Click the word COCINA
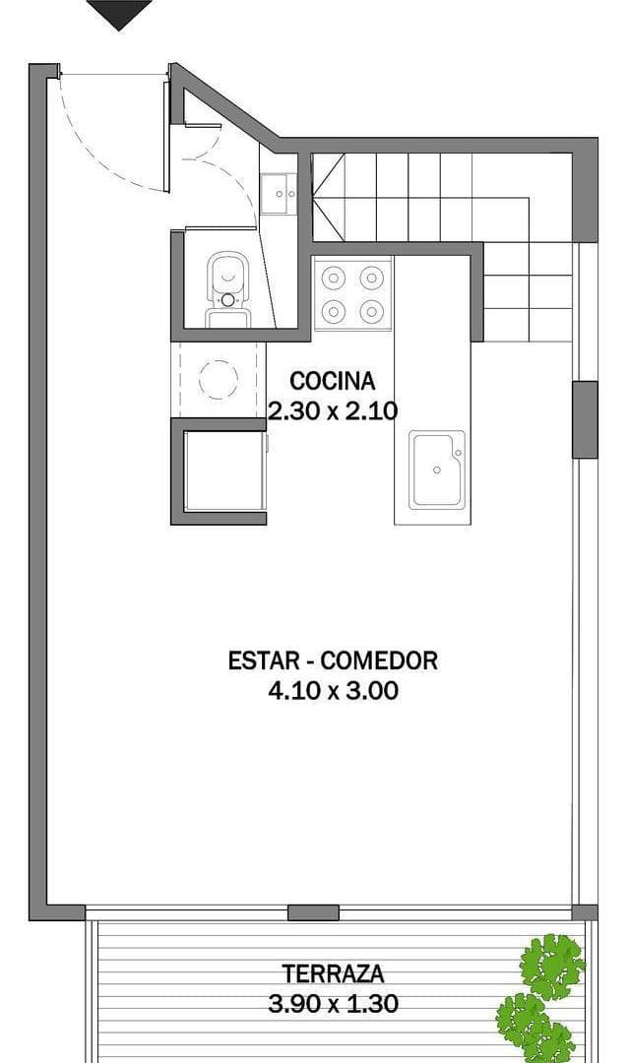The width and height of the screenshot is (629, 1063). point(333,381)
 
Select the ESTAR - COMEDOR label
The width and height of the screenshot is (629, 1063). point(333,659)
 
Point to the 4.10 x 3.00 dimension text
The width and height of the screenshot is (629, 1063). point(333,690)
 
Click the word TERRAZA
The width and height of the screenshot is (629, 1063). point(333,974)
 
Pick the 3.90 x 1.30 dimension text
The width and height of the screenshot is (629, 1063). point(333,1004)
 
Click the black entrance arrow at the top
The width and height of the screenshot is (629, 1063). point(119,13)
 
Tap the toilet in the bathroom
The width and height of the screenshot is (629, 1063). point(227,285)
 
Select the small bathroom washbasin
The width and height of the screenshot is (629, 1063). point(280,193)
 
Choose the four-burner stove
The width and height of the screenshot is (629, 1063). point(352,294)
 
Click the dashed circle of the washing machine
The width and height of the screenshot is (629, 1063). point(219,378)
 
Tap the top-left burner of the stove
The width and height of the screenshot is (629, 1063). point(335,277)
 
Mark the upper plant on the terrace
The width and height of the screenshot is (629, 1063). point(553,965)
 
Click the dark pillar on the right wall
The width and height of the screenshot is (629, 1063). point(585,419)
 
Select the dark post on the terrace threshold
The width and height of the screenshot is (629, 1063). point(313,912)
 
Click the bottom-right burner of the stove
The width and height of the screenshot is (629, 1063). point(371,312)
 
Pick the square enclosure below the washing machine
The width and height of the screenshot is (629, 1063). point(223,473)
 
